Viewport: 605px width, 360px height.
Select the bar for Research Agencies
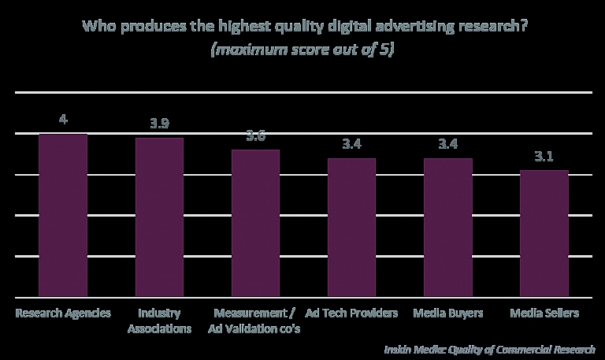pyautogui.click(x=63, y=215)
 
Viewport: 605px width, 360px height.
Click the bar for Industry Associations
pyautogui.click(x=159, y=217)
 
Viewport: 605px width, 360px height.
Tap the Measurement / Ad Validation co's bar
pyautogui.click(x=255, y=223)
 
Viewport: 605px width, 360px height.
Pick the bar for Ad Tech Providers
pyautogui.click(x=351, y=228)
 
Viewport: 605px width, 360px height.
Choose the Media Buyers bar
pyautogui.click(x=447, y=228)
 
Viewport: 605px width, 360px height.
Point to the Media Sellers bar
pyautogui.click(x=544, y=233)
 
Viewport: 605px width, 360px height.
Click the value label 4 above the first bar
pyautogui.click(x=63, y=120)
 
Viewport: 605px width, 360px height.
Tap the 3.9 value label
pyautogui.click(x=159, y=124)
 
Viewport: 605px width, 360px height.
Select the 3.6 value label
pyautogui.click(x=255, y=136)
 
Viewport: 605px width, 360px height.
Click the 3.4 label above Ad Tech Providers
pyautogui.click(x=351, y=144)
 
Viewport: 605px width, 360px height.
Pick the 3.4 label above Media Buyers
pyautogui.click(x=447, y=144)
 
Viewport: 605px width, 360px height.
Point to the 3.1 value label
pyautogui.click(x=544, y=156)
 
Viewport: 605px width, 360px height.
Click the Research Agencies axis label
pyautogui.click(x=64, y=313)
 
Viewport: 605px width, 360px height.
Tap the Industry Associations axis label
pyautogui.click(x=159, y=321)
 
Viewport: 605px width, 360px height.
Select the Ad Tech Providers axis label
pyautogui.click(x=352, y=313)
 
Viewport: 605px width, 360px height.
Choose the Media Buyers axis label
pyautogui.click(x=448, y=313)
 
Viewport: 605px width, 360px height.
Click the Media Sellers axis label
pyautogui.click(x=544, y=313)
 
